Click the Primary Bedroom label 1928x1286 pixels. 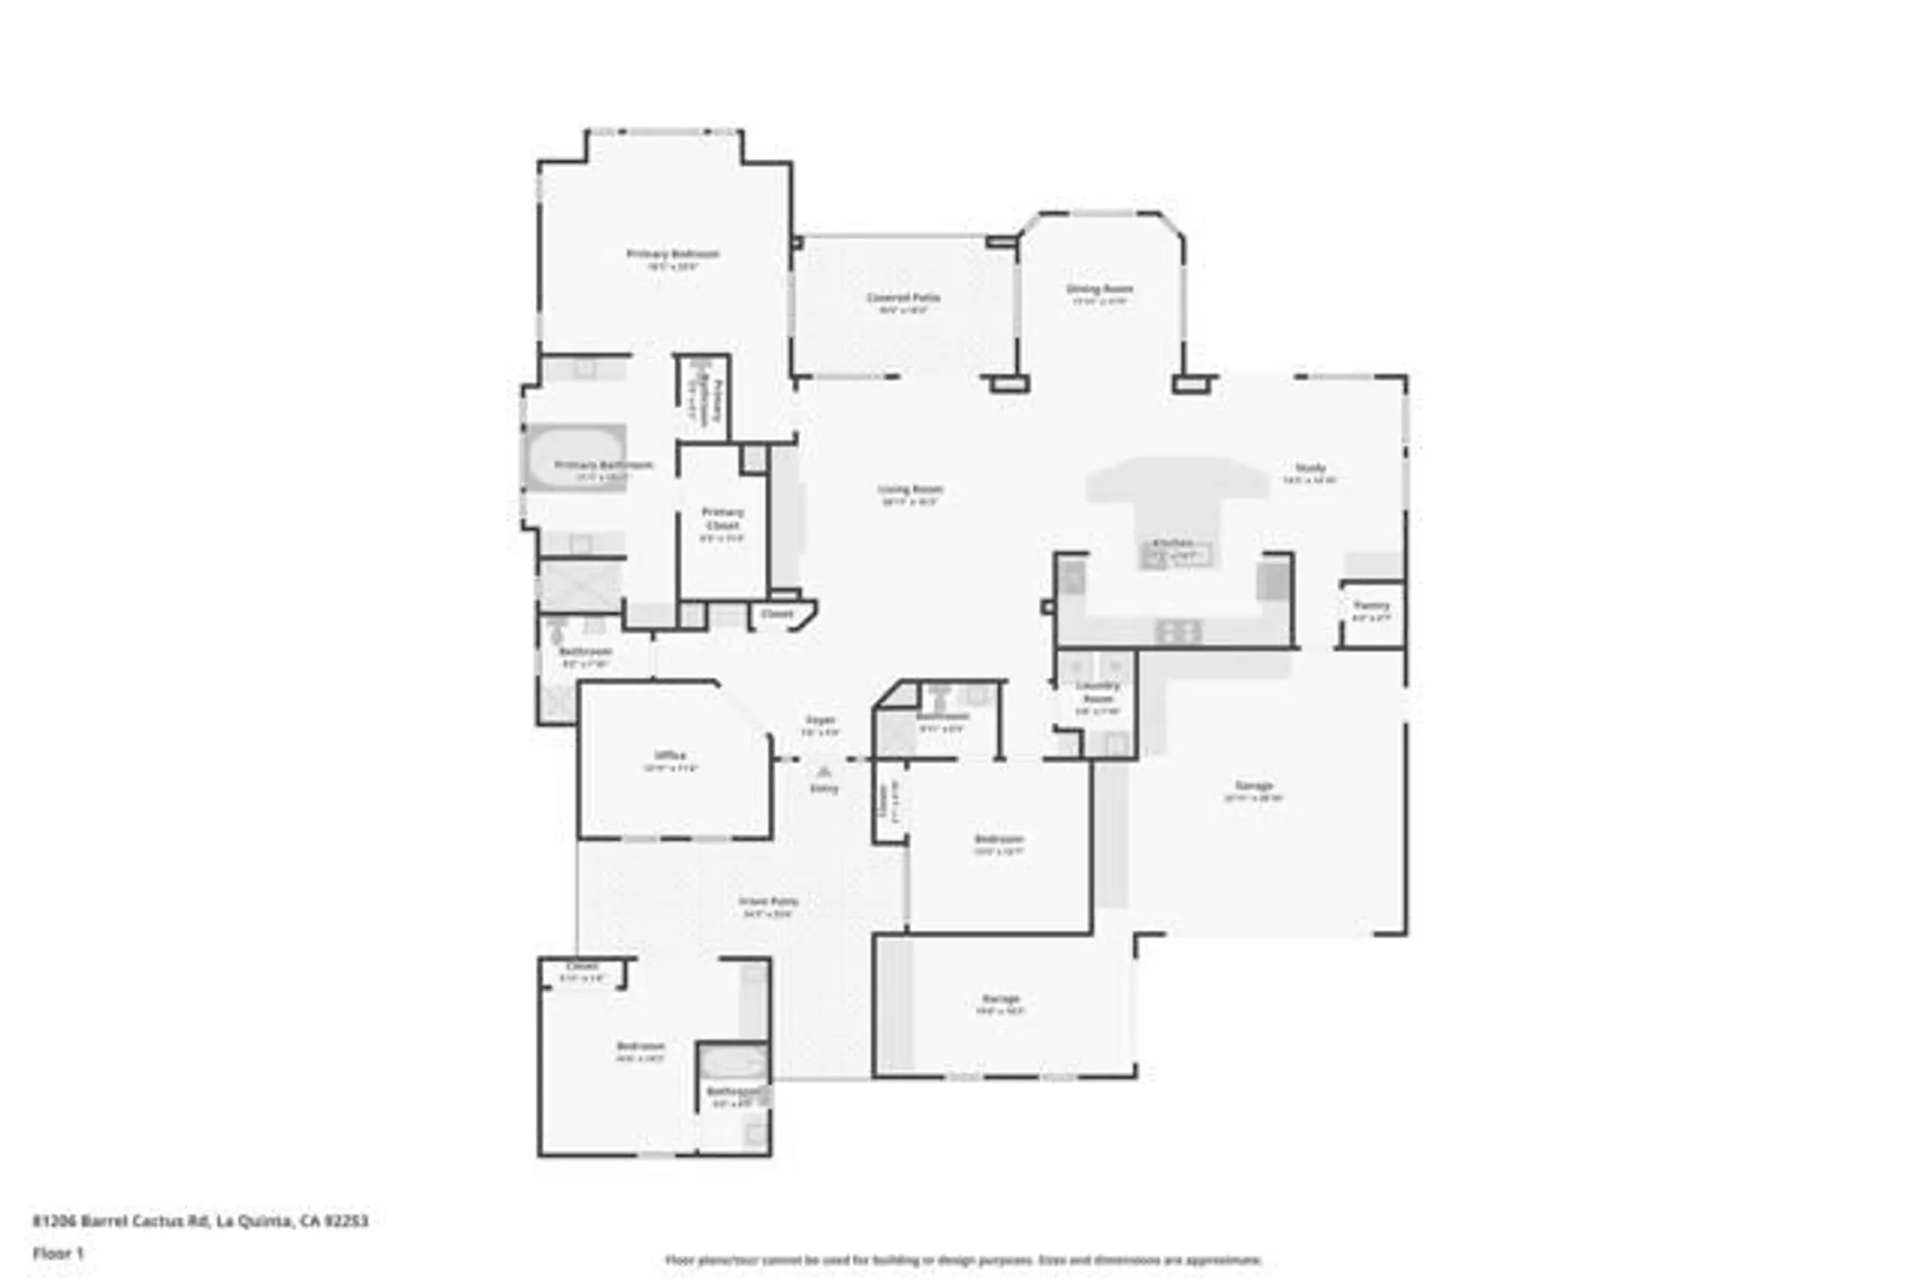673,255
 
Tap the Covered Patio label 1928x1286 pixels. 902,298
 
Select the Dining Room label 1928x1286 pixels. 1099,289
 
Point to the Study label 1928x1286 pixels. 1310,468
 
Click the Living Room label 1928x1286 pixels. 910,490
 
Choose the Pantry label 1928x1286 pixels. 1371,605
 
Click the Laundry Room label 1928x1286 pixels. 1098,692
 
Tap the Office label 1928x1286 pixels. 670,756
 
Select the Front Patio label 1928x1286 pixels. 768,902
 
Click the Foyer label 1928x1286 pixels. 820,720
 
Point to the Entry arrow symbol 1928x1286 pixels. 823,772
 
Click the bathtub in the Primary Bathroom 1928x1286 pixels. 575,459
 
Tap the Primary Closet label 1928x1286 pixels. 722,519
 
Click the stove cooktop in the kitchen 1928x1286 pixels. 1178,631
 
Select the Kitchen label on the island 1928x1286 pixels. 1173,544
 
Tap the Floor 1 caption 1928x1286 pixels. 59,1253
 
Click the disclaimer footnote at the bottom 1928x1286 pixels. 963,1260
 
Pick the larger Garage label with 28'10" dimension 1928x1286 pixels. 1253,786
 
